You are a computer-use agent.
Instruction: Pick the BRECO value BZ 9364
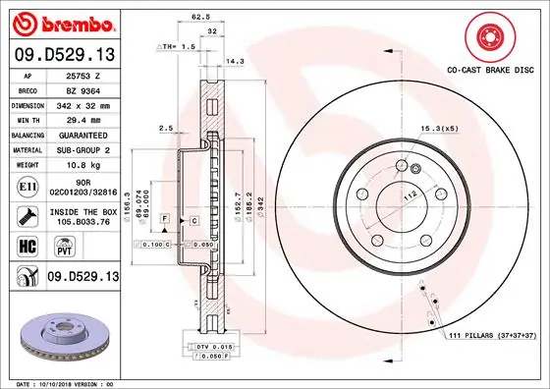coord(83,88)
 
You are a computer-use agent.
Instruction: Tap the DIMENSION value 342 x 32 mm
coord(83,103)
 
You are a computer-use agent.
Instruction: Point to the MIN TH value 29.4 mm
coord(83,118)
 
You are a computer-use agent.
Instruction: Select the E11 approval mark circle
coord(28,184)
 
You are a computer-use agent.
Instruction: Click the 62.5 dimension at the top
coord(200,17)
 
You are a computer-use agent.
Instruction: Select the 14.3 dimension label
coord(235,61)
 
